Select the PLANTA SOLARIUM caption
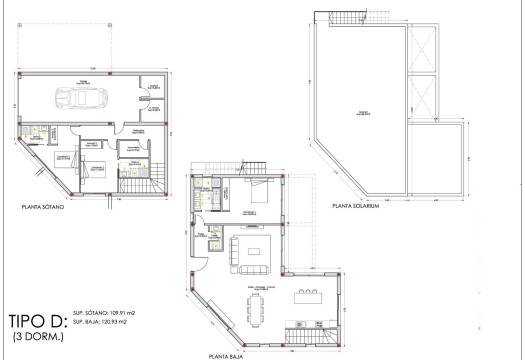tap(345, 208)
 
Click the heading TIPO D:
tap(37, 322)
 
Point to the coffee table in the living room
tap(253, 250)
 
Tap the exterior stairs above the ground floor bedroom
tap(257, 166)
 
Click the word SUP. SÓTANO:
tap(91, 315)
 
